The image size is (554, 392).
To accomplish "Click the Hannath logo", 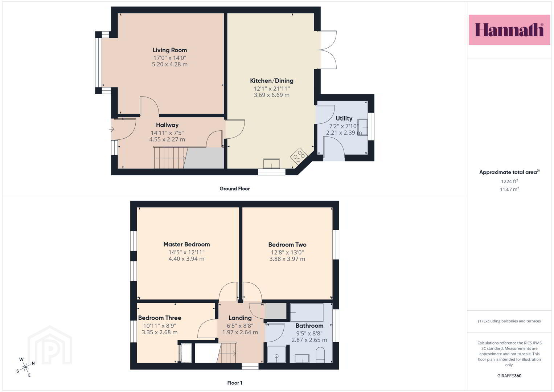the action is point(509,30).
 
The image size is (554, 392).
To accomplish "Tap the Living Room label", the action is point(170,50).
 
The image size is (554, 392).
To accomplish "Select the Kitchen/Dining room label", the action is point(272,81).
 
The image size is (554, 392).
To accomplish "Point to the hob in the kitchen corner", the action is point(299,156).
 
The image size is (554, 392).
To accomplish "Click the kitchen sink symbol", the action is point(271,164).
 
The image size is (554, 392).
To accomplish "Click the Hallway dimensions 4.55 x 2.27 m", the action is point(167,139).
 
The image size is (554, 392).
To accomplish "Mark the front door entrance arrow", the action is point(111,129).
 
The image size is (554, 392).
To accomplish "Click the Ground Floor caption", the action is point(234,189).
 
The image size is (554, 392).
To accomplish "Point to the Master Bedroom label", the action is point(186,245).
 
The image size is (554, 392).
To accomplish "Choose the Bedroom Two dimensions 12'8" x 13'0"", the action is point(287,252).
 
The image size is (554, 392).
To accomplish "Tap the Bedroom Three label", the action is point(160,318).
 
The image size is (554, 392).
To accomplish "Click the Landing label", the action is point(240,318).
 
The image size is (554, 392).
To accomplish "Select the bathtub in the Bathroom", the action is point(307,312).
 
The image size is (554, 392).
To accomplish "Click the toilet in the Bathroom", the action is point(320,355).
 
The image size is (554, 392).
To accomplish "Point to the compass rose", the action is point(25,367).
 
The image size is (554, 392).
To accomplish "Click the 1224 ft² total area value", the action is point(509,181).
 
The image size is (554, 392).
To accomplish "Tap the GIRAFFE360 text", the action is point(509,376).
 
